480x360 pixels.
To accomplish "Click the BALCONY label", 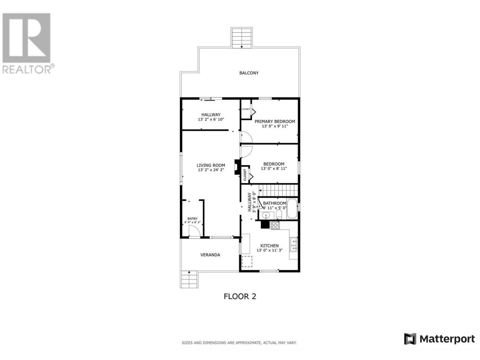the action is click(x=249, y=73).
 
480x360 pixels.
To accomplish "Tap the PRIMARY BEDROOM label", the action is click(x=274, y=121).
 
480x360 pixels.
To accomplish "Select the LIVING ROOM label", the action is click(x=211, y=165).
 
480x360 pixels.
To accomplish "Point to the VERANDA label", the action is click(x=210, y=255).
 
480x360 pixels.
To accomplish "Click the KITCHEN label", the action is click(x=269, y=246).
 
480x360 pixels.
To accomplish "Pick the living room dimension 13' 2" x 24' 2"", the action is click(x=211, y=170).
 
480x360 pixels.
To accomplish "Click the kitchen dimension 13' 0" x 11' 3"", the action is click(x=269, y=250).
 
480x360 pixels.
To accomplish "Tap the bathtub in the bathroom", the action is click(x=292, y=208).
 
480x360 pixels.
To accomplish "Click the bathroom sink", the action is click(x=266, y=216).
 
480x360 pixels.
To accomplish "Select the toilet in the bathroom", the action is click(x=279, y=214).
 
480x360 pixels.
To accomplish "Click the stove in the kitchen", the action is click(x=275, y=225).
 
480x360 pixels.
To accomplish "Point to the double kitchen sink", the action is click(x=293, y=244).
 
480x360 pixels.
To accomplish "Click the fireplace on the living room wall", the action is click(x=237, y=167).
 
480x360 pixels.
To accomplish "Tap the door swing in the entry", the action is click(x=194, y=231).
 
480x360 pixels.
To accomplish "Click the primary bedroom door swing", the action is click(x=246, y=137).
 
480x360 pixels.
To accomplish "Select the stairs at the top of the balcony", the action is click(x=241, y=37).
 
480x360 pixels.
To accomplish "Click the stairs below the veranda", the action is click(x=189, y=280).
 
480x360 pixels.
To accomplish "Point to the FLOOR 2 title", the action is click(x=240, y=297).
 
